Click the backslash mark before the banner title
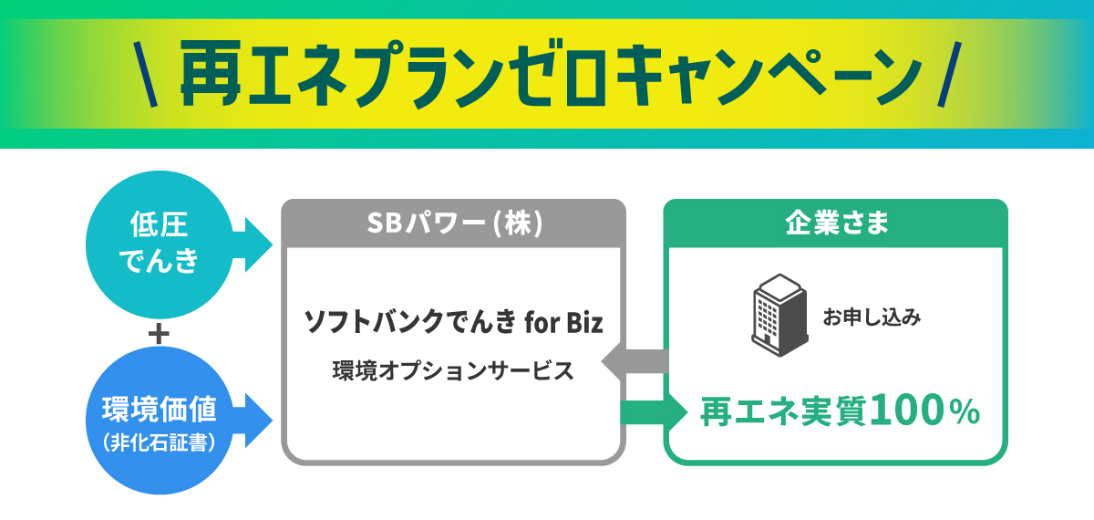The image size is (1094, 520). [x=146, y=74]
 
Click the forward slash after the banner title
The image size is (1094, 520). [x=949, y=74]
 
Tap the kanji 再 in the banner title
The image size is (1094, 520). [x=211, y=74]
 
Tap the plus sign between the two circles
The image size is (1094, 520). [x=159, y=335]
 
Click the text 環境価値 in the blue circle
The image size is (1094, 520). [x=160, y=409]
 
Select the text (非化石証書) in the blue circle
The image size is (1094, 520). [x=160, y=442]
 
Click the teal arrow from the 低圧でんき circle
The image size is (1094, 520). [x=252, y=244]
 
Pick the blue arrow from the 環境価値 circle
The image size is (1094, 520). [x=252, y=421]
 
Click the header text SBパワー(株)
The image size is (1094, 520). [x=455, y=223]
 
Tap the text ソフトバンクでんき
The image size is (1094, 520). [x=409, y=323]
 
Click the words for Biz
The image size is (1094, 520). [x=563, y=323]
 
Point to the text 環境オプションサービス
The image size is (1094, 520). [x=453, y=371]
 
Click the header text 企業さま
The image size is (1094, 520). [x=837, y=223]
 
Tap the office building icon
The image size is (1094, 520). [x=779, y=316]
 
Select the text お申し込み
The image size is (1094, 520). [x=872, y=317]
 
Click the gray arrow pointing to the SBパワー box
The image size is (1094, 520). [x=635, y=361]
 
